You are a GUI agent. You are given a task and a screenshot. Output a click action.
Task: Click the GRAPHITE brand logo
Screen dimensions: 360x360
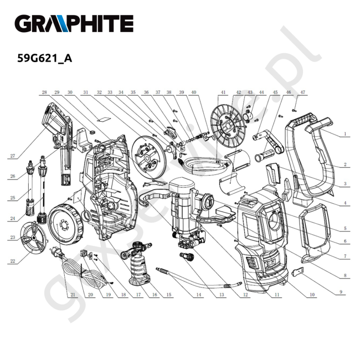tap(74, 24)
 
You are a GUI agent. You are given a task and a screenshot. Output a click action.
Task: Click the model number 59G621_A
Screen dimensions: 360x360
tap(45, 58)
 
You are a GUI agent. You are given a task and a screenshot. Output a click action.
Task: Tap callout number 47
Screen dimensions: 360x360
tap(302, 92)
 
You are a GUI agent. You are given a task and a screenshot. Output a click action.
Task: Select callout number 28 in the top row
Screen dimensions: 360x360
tap(44, 92)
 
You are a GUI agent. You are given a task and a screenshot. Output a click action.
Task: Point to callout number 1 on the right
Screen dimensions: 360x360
tap(344, 133)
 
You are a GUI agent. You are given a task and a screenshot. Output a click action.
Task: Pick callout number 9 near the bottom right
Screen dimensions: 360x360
tap(341, 292)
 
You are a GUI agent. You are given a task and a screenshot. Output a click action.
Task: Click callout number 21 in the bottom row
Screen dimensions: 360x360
tap(73, 295)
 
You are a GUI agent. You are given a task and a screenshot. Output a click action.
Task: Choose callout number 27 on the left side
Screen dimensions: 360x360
tap(12, 156)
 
